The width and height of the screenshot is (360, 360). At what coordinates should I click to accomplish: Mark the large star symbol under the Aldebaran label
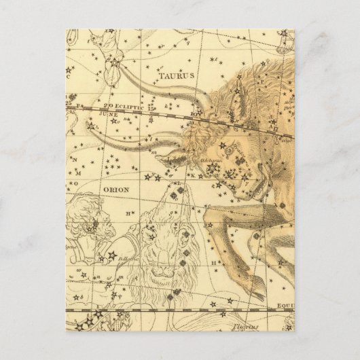pyautogui.click(x=213, y=168)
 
